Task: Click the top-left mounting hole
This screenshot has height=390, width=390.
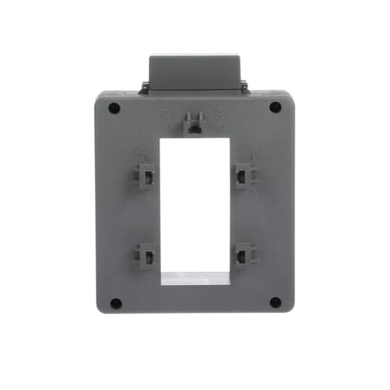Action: (114, 108)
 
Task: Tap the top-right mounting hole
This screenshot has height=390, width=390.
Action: (275, 107)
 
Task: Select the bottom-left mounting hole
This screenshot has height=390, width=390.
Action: (115, 303)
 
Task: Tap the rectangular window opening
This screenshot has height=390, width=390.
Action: (195, 203)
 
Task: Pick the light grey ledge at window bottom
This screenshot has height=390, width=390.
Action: (195, 278)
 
